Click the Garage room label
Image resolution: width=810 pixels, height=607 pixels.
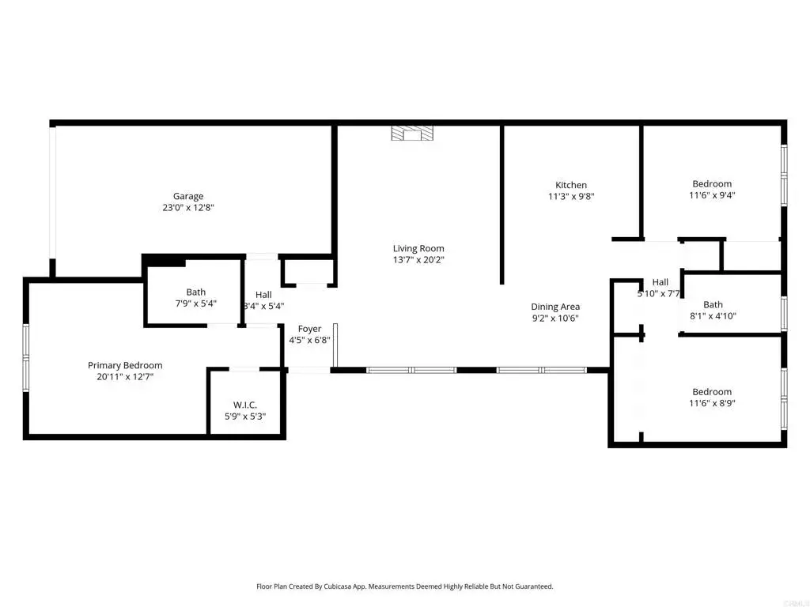pyautogui.click(x=188, y=196)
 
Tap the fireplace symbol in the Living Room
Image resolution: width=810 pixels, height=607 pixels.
pyautogui.click(x=412, y=134)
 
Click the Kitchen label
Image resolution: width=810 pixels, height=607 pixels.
pyautogui.click(x=570, y=185)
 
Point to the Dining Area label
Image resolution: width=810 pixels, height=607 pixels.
pyautogui.click(x=555, y=307)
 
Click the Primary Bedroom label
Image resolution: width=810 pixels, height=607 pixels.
pyautogui.click(x=125, y=365)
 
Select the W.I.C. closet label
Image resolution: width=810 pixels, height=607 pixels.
pyautogui.click(x=244, y=405)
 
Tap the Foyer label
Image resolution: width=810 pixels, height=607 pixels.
pyautogui.click(x=309, y=329)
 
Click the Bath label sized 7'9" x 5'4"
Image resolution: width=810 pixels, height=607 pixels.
pyautogui.click(x=195, y=292)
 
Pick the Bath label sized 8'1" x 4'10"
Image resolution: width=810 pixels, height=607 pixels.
pyautogui.click(x=713, y=304)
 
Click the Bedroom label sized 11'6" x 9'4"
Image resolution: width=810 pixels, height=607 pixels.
pyautogui.click(x=712, y=184)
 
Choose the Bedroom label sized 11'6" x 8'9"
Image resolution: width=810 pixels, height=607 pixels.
pyautogui.click(x=712, y=392)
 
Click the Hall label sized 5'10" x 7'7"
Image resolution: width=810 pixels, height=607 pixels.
pyautogui.click(x=660, y=282)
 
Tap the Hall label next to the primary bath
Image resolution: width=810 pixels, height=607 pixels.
pyautogui.click(x=263, y=295)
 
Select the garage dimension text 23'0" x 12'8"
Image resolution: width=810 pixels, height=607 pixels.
pyautogui.click(x=188, y=208)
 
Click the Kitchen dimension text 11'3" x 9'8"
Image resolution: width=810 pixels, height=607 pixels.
pyautogui.click(x=570, y=196)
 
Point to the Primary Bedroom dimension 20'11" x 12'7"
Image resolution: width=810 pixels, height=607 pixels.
pyautogui.click(x=125, y=376)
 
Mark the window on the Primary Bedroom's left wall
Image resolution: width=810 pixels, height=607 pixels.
pyautogui.click(x=25, y=356)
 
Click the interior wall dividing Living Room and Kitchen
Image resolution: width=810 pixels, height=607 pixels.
pyautogui.click(x=502, y=204)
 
